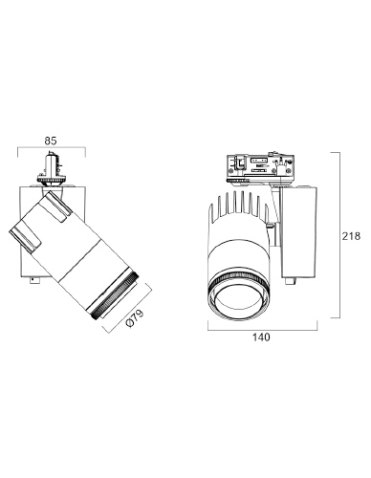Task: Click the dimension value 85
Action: (x=51, y=141)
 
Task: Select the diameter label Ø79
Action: (x=135, y=318)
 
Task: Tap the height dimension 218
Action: (x=351, y=236)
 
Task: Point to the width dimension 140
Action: (x=261, y=337)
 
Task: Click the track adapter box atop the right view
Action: (x=260, y=165)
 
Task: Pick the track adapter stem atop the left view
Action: (x=52, y=164)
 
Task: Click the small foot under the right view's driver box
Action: (x=291, y=280)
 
